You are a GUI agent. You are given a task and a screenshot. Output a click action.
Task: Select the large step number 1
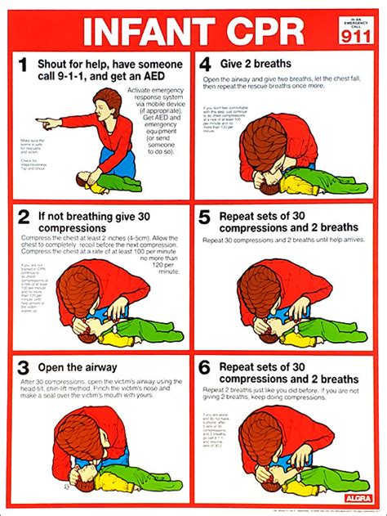24,65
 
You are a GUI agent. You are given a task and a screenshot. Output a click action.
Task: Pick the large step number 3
24,369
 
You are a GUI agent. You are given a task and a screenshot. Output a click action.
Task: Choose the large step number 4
207,63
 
